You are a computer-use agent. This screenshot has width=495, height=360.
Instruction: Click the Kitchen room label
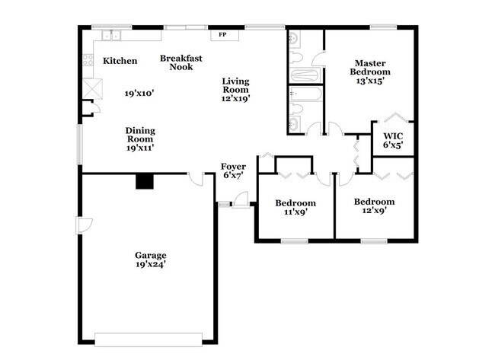[120, 61]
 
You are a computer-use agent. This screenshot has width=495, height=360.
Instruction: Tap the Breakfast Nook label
[180, 62]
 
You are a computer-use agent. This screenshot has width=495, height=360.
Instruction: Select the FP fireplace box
[223, 35]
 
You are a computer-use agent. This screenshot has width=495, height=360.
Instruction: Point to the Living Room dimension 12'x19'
[236, 97]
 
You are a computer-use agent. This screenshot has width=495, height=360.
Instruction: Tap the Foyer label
[233, 166]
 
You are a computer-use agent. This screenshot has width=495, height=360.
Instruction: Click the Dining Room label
[140, 135]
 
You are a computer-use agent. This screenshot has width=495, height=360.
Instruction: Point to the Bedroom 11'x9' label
[295, 203]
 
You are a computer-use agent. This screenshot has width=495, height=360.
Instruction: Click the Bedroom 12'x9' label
[374, 202]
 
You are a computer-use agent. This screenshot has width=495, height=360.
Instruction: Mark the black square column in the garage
[143, 181]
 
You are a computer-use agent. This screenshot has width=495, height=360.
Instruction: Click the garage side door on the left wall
[84, 225]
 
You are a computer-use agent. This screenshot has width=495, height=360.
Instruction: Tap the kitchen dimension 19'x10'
[140, 93]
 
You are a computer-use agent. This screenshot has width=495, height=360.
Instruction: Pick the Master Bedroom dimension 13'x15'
[370, 83]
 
